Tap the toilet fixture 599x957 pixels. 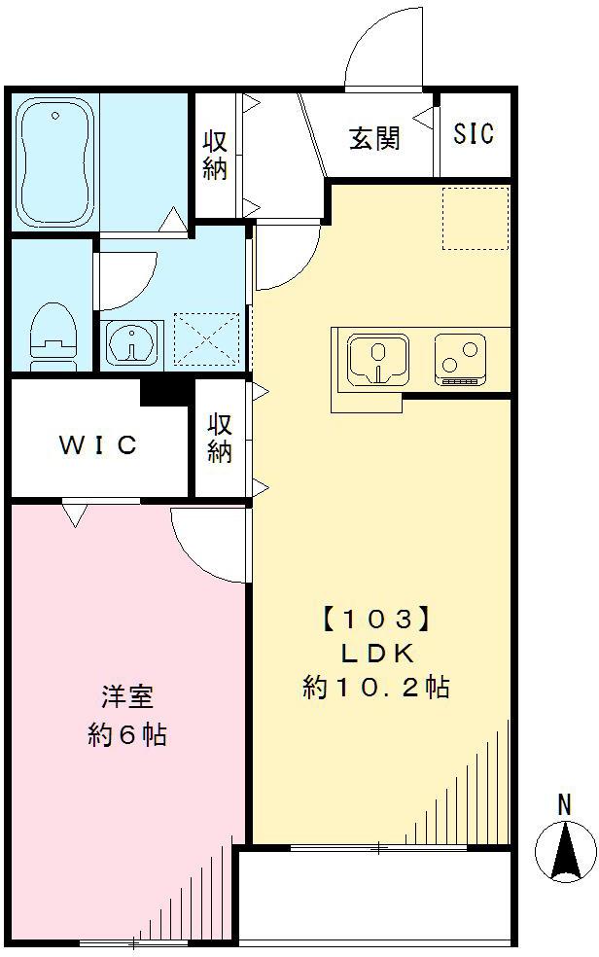pos(53,336)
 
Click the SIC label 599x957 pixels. pos(474,133)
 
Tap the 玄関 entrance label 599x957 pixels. pos(374,138)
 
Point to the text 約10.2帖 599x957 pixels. pos(375,688)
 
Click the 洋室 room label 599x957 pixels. pos(127,698)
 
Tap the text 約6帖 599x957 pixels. pos(127,734)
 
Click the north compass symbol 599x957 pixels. pos(566,850)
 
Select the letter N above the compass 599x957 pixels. pos(564,804)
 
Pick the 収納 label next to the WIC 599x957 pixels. pos(219,439)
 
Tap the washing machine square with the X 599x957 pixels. pos(206,339)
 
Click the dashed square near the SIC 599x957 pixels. pos(476,216)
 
